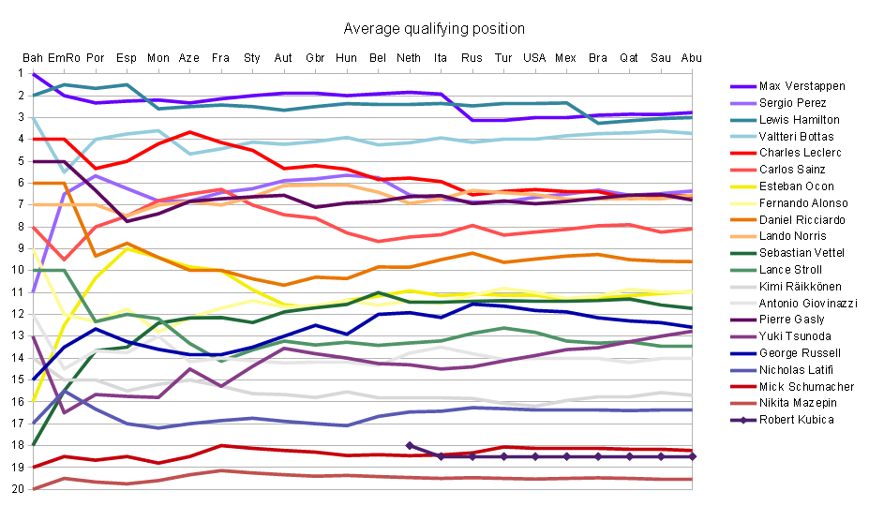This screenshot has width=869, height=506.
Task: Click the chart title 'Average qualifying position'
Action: [x=434, y=29]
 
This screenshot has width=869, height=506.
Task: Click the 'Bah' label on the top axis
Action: [x=33, y=58]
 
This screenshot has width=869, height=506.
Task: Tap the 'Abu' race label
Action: [x=692, y=58]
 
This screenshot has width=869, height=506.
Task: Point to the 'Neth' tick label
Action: [x=410, y=58]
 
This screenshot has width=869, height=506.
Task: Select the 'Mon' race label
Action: [x=158, y=58]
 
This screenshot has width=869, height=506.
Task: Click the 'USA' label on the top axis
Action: [x=534, y=58]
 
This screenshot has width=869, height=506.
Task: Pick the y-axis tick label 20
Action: [x=18, y=489]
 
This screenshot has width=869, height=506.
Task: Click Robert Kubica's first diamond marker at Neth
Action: [x=410, y=445]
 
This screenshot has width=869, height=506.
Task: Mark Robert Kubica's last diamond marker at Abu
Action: [x=692, y=456]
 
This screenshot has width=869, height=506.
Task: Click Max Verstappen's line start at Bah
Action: [x=33, y=74]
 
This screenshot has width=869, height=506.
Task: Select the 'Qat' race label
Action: [x=629, y=58]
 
